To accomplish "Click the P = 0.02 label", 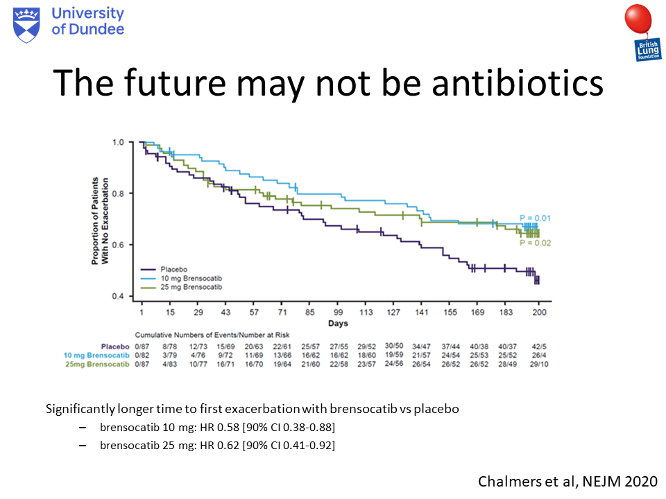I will pos(535,243).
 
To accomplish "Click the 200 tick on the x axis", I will pos(540,313).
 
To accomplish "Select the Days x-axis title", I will pos(338,323).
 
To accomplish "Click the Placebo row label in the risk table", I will pos(114,345).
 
